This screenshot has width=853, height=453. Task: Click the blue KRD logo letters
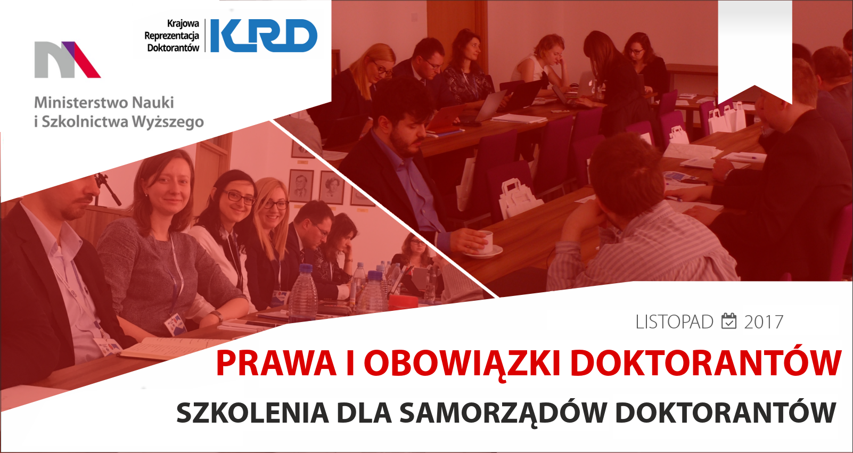tap(264, 36)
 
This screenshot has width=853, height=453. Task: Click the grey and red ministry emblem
tap(68, 60)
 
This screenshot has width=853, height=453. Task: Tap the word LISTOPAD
tap(675, 322)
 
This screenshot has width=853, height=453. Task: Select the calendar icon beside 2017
tap(729, 321)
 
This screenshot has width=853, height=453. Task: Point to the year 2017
tap(764, 322)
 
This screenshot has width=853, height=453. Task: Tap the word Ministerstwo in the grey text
tap(80, 103)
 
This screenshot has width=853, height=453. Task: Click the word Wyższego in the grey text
tap(168, 122)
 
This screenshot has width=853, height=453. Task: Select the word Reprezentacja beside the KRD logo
tap(172, 36)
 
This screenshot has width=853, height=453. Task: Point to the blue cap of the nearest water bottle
tap(306, 268)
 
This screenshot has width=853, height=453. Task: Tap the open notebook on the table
tap(168, 348)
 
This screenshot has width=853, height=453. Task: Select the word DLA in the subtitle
tap(364, 413)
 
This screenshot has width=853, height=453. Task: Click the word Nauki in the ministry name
tap(153, 103)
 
